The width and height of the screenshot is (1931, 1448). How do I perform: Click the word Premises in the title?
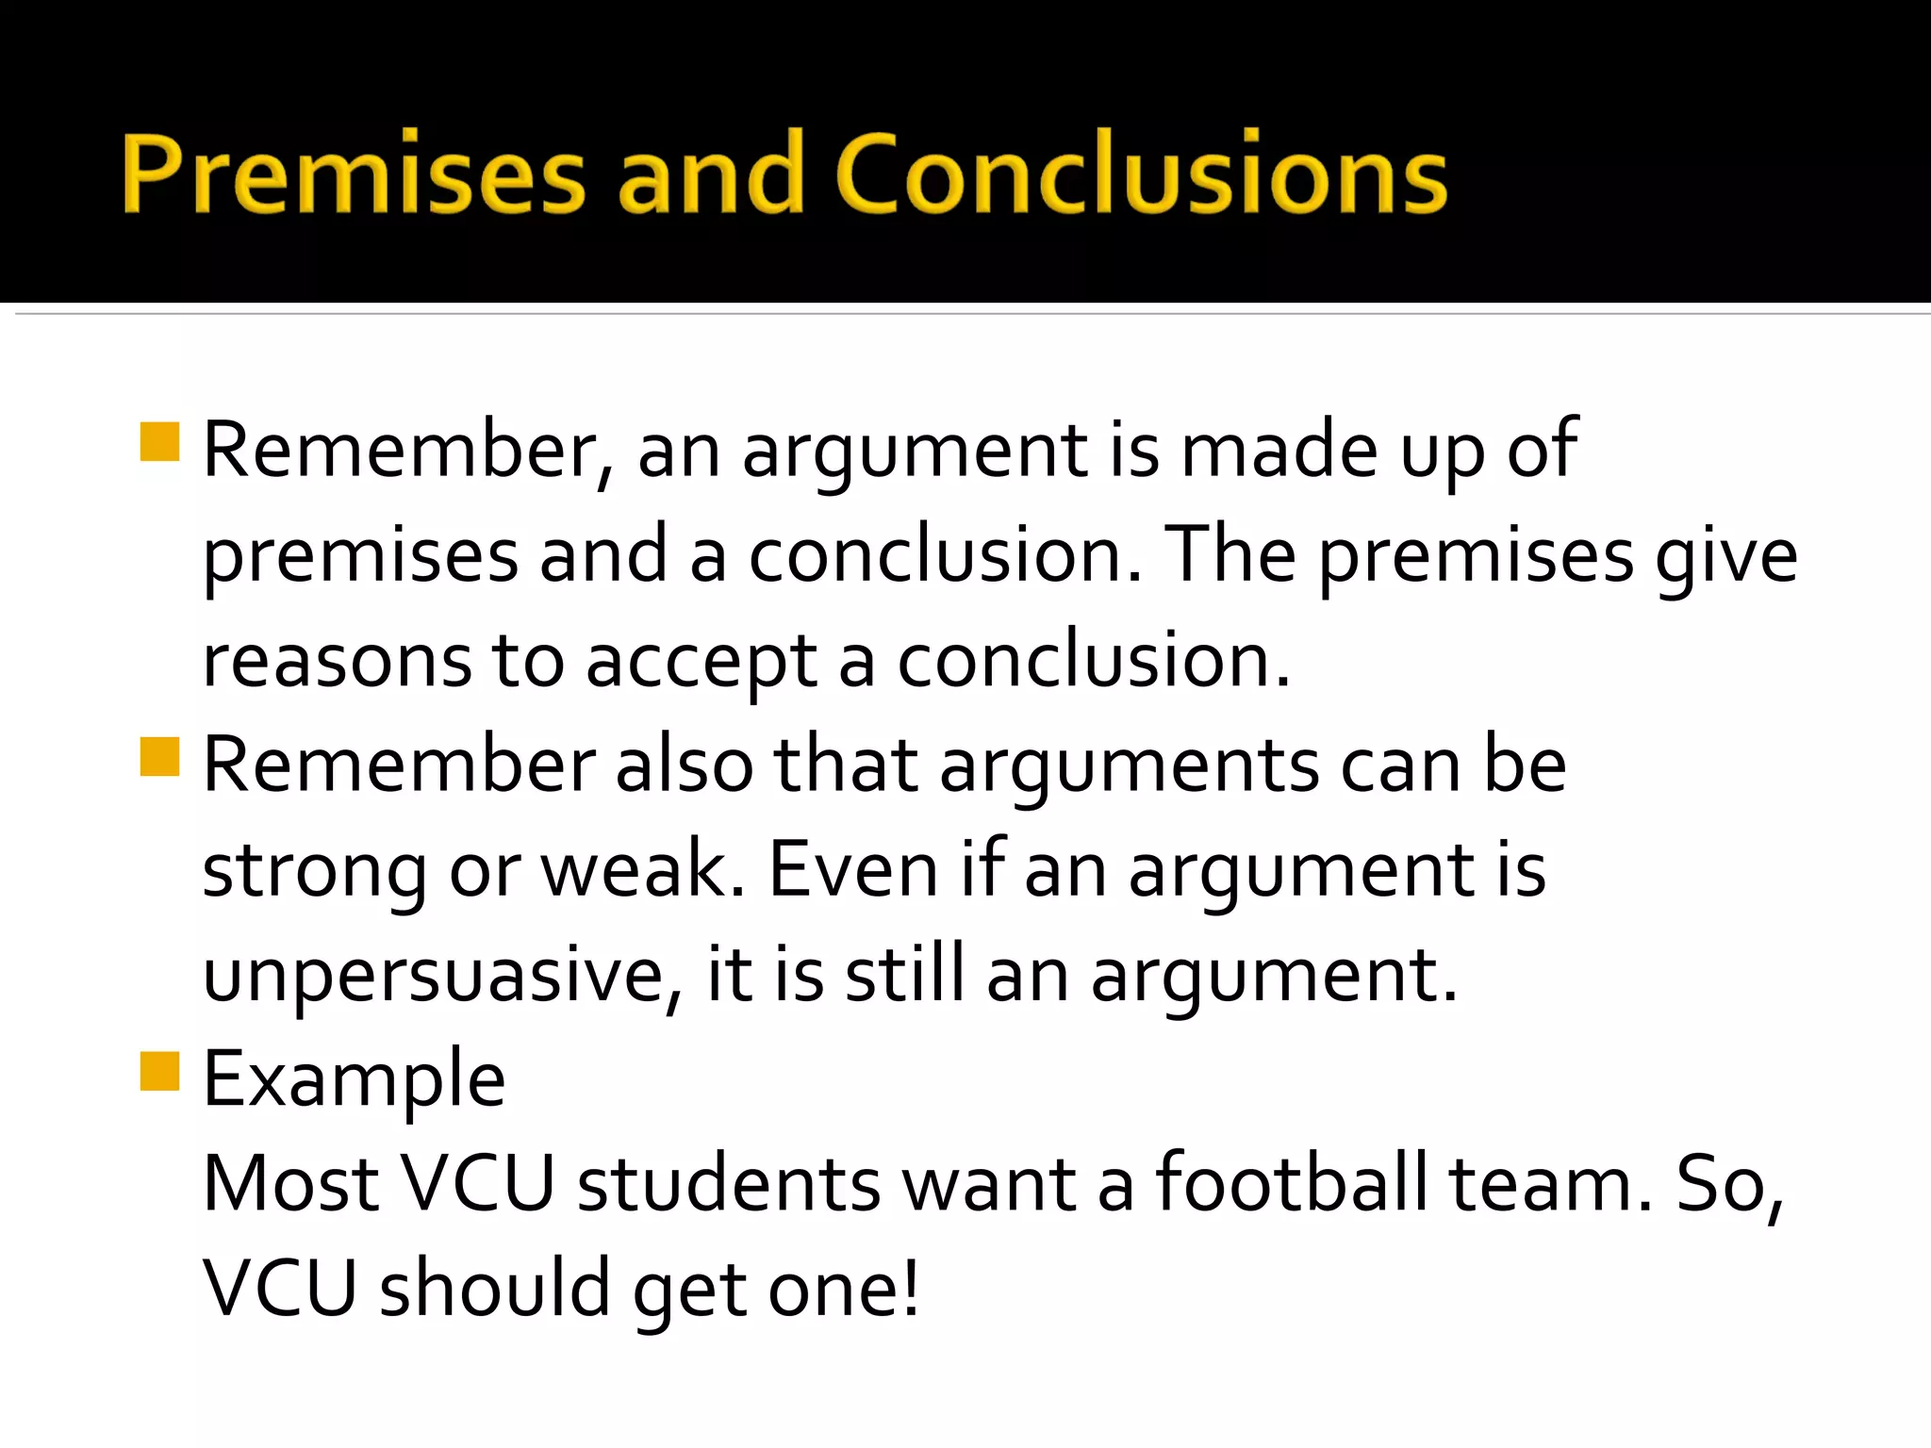click(354, 174)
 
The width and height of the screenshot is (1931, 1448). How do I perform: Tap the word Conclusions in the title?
click(1141, 174)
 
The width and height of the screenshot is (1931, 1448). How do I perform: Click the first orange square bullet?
click(159, 442)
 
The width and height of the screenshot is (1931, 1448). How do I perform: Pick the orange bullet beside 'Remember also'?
click(159, 756)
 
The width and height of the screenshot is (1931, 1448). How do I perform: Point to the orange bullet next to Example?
click(159, 1071)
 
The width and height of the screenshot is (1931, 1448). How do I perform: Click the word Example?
click(355, 1079)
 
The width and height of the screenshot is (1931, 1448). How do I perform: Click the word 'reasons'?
click(337, 662)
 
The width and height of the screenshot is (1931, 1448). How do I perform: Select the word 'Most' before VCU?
click(290, 1185)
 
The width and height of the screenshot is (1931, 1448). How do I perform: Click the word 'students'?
click(729, 1185)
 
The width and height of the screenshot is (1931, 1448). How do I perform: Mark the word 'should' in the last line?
click(495, 1289)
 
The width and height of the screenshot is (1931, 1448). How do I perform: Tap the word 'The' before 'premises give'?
click(1230, 555)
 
